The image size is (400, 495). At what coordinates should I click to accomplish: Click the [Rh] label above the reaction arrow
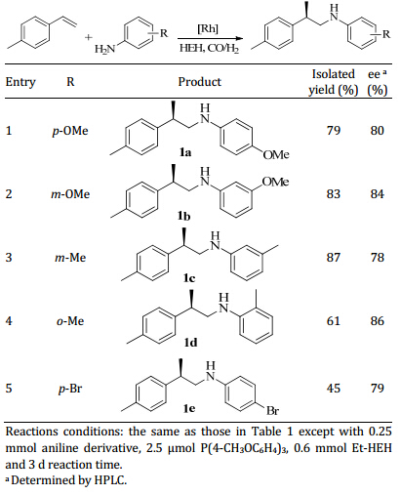point(208,29)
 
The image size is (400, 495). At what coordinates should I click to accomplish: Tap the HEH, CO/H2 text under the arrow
point(210,49)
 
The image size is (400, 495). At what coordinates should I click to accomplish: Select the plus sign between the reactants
point(89,37)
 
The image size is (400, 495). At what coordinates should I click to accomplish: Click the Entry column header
point(20,82)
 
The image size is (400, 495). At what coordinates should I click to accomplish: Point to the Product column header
point(199,82)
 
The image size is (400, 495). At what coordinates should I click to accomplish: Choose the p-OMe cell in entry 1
point(70,131)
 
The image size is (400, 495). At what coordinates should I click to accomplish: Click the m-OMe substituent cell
point(70,194)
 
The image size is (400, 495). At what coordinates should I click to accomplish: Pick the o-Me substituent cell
point(70,321)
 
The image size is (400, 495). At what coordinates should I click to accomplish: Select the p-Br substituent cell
point(70,389)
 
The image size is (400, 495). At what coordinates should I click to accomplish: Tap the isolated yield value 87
point(334,258)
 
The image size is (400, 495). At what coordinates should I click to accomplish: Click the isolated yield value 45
point(334,389)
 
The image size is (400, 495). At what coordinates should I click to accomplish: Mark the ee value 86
point(378,321)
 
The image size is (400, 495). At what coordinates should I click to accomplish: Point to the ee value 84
point(378,194)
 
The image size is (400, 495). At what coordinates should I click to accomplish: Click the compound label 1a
point(185,152)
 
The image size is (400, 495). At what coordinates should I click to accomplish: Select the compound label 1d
point(191,343)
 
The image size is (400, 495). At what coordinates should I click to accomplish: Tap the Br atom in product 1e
point(272,411)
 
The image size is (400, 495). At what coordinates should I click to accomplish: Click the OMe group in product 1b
point(276,182)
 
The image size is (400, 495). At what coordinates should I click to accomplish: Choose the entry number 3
point(9,258)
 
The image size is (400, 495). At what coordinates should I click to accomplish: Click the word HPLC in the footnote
point(109,480)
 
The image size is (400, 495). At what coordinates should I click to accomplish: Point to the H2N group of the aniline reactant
point(104,49)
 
